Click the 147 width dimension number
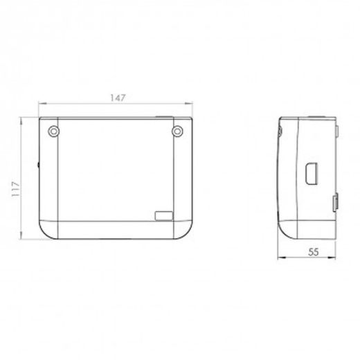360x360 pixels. (x=118, y=98)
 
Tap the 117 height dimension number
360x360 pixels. (x=16, y=189)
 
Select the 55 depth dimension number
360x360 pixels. (x=314, y=252)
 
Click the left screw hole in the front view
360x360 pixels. (x=53, y=132)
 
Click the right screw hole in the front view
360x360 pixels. (x=177, y=132)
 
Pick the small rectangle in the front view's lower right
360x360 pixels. (x=164, y=216)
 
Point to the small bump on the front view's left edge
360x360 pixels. (x=38, y=165)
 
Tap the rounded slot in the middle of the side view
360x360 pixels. (x=312, y=174)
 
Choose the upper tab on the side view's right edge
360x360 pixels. (x=336, y=132)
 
